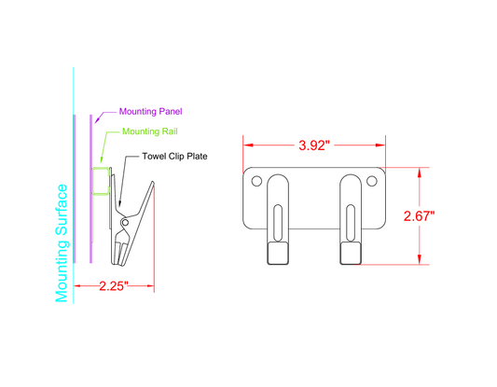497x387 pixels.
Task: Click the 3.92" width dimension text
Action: click(315, 146)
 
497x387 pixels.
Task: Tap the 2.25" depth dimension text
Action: click(114, 285)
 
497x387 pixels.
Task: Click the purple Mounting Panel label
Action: click(136, 111)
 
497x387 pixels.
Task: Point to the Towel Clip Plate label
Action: click(174, 156)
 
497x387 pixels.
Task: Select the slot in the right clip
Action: click(350, 224)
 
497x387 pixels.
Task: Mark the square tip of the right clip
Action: click(350, 254)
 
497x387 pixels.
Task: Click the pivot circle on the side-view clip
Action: click(125, 222)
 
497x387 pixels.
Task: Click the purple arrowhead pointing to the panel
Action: click(96, 117)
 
